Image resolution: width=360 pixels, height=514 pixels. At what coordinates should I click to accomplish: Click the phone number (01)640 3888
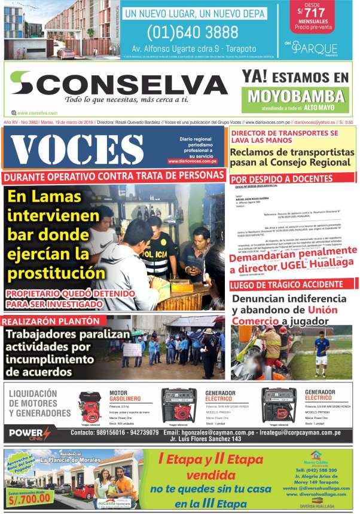pos(192,32)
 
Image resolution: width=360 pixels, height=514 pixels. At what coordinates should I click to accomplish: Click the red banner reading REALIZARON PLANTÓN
pos(45,320)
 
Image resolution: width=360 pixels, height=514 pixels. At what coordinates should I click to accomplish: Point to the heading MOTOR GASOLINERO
pos(125,396)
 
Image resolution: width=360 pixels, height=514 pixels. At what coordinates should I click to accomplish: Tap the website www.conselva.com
pos(37,112)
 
